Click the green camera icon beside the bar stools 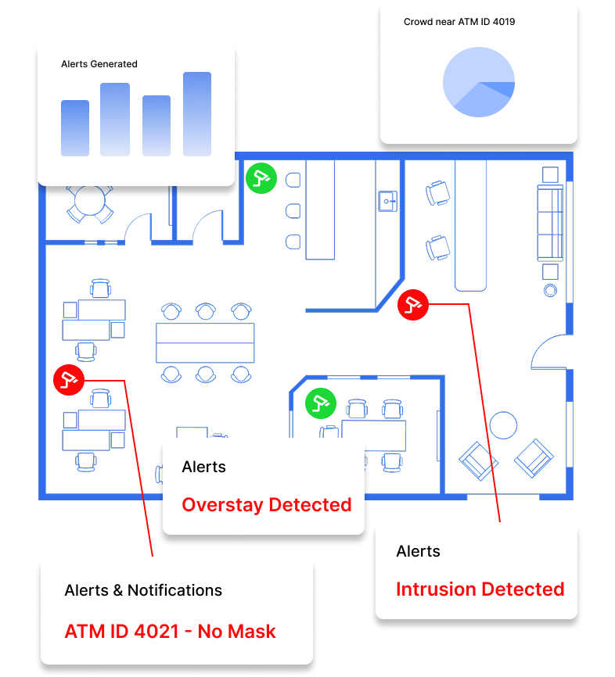261,177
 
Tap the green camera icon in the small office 319,403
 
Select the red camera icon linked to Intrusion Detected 413,304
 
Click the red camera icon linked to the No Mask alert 68,379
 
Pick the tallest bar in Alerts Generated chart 197,114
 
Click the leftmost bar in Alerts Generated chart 75,128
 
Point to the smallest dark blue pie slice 509,89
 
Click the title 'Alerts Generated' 99,64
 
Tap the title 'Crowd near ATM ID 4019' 459,22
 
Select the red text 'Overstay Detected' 266,505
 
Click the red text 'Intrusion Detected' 480,589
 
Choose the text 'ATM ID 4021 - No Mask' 170,632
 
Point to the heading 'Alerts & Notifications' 143,591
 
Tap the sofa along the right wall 549,224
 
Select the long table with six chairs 205,342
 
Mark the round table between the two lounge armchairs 502,425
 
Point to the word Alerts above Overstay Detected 203,467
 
